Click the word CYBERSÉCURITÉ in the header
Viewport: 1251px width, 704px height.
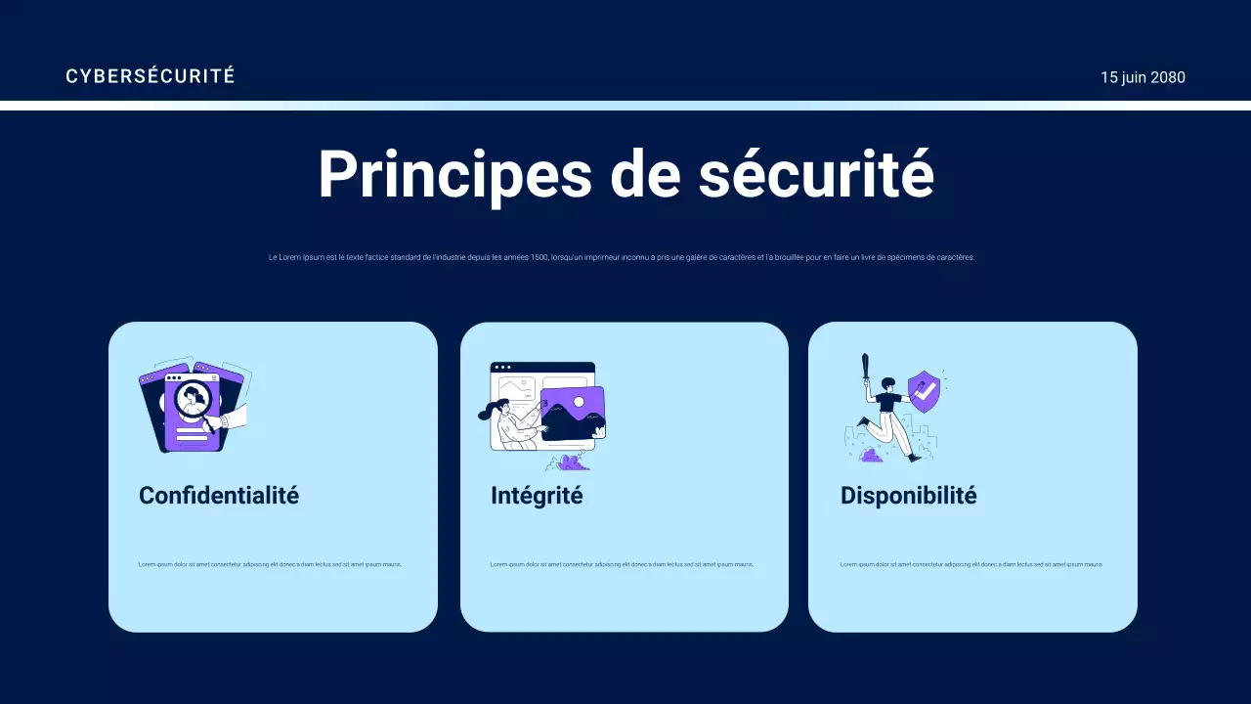(150, 76)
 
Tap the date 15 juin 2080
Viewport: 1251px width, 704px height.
(1143, 77)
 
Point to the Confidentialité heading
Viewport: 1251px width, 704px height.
(219, 496)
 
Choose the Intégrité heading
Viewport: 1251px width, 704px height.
(537, 496)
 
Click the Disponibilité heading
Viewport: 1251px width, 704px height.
(908, 496)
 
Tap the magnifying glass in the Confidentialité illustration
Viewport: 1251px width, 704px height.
(192, 401)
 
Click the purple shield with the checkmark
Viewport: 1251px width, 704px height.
(924, 391)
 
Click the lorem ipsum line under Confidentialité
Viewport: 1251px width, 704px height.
(270, 564)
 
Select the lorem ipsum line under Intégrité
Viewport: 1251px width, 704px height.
(622, 564)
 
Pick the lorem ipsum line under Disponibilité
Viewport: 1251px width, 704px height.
(971, 564)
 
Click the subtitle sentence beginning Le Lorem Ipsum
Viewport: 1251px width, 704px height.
(622, 258)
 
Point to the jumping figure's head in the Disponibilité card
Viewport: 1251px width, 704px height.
(887, 383)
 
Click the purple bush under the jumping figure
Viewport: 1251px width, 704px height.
(870, 455)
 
